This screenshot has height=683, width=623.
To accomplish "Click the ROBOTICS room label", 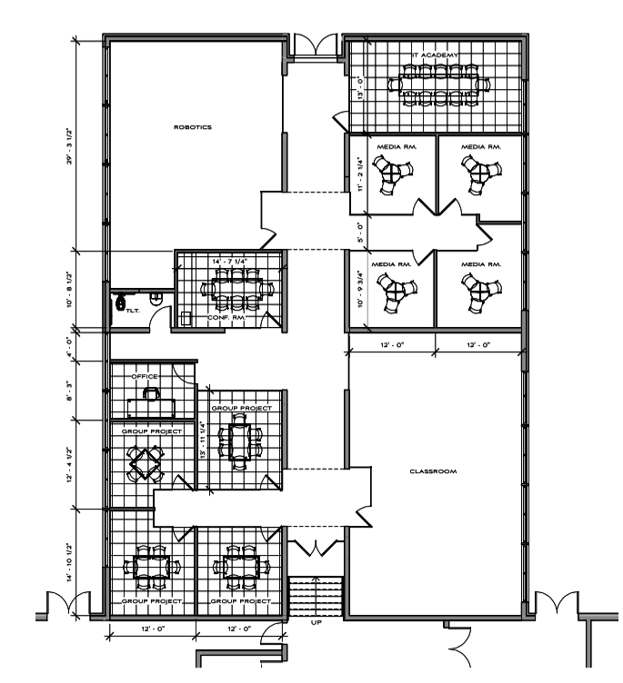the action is (x=192, y=128).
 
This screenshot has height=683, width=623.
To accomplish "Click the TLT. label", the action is (x=132, y=310).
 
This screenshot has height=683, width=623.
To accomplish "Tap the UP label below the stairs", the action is (x=315, y=623).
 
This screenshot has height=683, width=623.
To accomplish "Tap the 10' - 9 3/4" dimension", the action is (x=361, y=288).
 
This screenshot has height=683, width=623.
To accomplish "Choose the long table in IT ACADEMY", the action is (x=438, y=84).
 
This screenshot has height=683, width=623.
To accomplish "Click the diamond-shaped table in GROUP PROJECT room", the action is (x=146, y=463).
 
